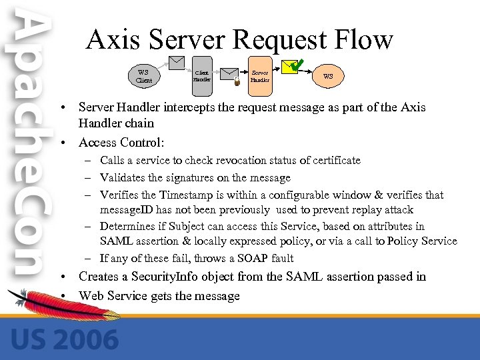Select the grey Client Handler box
tap(201, 76)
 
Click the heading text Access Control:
tap(121, 142)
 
